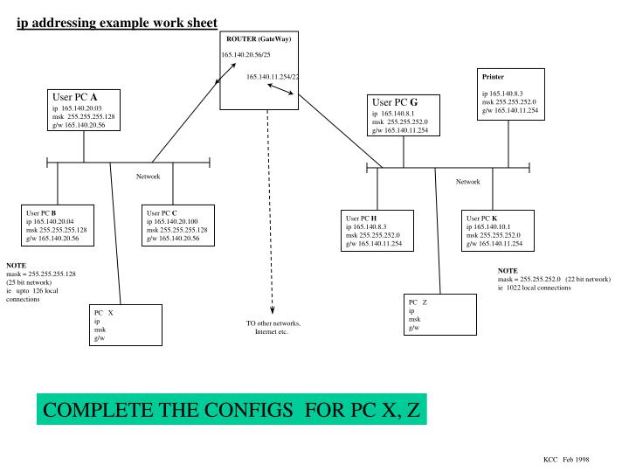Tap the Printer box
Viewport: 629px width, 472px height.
click(x=521, y=95)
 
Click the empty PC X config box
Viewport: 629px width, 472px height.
click(x=126, y=324)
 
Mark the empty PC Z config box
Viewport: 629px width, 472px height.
click(x=441, y=316)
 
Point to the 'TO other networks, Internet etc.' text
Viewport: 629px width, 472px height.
click(x=273, y=329)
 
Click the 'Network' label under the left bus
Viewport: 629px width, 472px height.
click(x=148, y=177)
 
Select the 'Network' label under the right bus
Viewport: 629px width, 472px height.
click(x=468, y=182)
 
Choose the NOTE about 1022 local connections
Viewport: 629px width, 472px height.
click(x=553, y=279)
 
